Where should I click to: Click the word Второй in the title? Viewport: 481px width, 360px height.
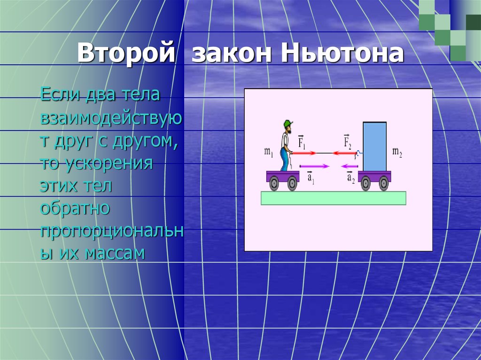click(126, 53)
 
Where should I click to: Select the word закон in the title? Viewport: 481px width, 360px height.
click(232, 54)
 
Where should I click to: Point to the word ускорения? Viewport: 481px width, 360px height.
click(110, 164)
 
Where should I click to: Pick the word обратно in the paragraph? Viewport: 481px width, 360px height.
click(75, 208)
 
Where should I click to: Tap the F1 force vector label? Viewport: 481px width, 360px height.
click(302, 142)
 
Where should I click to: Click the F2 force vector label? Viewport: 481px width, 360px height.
click(347, 141)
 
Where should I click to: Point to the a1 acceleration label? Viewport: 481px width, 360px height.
click(311, 178)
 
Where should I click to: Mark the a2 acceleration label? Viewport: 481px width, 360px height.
click(351, 177)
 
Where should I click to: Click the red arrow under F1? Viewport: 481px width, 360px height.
click(304, 153)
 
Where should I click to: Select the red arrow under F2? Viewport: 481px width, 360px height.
click(344, 153)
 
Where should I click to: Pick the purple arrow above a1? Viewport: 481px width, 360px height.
click(314, 166)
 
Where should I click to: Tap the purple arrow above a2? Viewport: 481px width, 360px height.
click(349, 166)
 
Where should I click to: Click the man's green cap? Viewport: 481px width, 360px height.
click(288, 123)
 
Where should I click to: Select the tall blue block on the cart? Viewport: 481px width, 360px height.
click(374, 146)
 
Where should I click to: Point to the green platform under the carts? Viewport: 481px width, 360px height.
click(334, 198)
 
